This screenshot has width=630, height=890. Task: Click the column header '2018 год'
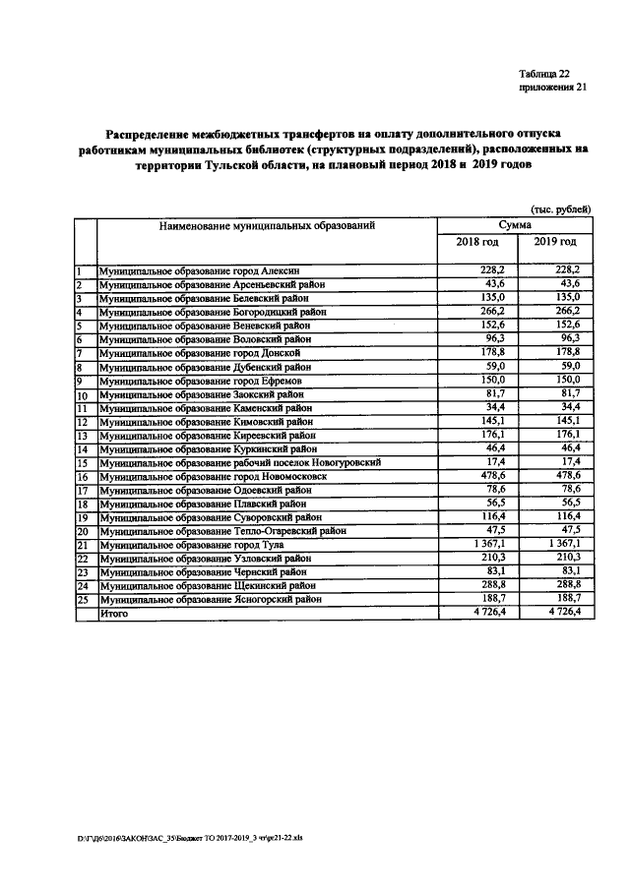[x=477, y=242]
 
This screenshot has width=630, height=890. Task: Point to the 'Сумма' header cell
[x=516, y=225]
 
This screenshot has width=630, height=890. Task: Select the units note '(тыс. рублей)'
[x=560, y=208]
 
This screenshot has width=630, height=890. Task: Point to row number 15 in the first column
[x=85, y=462]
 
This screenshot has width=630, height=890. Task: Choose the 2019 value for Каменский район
[x=570, y=406]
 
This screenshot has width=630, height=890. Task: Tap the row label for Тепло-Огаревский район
[x=221, y=530]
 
